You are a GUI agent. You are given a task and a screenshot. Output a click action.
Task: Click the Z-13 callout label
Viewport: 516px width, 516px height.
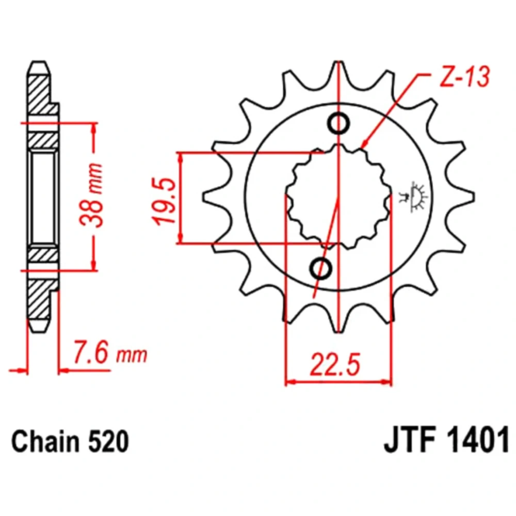coord(465,77)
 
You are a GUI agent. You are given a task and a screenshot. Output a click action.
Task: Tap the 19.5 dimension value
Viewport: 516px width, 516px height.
coord(164,201)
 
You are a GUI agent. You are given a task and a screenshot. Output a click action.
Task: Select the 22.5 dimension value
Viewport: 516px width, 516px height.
coord(335,365)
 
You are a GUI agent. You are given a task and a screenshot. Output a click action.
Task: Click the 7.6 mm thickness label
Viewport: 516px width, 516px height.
coord(110,353)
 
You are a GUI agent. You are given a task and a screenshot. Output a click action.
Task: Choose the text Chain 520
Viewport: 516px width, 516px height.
coord(70,442)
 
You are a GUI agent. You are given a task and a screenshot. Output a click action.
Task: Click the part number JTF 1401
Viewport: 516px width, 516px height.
coord(446,442)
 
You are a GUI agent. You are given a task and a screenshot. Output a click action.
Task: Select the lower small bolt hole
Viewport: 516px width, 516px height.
coord(321,268)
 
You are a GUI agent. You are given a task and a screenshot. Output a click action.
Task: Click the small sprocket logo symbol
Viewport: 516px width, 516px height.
coord(413,197)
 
